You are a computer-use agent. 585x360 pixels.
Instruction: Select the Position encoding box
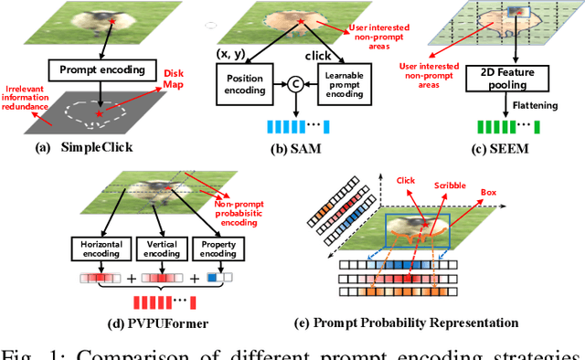[246, 85]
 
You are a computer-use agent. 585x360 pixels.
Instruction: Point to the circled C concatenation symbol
[295, 86]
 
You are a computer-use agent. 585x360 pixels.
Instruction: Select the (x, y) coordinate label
[232, 54]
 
